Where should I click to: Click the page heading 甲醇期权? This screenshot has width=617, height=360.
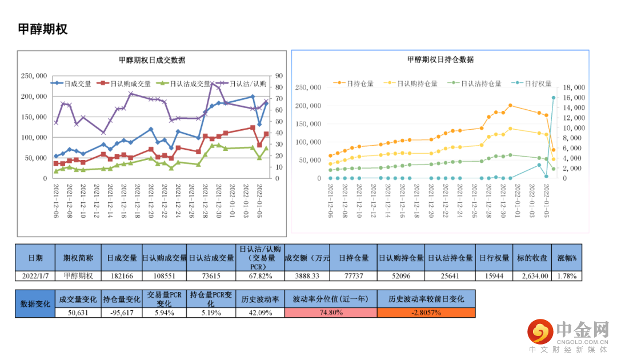[x=43, y=29]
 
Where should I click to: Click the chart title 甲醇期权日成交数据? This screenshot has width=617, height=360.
[x=151, y=60]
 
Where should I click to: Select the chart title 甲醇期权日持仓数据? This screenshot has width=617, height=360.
[x=440, y=59]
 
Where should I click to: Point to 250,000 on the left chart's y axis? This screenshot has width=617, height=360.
[x=34, y=75]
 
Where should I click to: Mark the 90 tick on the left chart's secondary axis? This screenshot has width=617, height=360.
[x=279, y=75]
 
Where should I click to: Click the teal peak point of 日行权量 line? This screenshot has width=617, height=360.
[x=553, y=98]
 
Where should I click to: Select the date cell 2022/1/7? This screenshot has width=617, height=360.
[x=35, y=275]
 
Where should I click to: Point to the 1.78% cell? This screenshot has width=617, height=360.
[x=567, y=275]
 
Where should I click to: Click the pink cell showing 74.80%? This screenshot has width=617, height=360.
[x=331, y=313]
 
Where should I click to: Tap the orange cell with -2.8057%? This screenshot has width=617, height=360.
[x=426, y=313]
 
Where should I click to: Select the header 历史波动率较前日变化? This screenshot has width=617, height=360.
[x=426, y=299]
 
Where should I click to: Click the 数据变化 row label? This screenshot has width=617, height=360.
[x=35, y=303]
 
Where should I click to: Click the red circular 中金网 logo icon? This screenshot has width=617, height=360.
[x=539, y=331]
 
